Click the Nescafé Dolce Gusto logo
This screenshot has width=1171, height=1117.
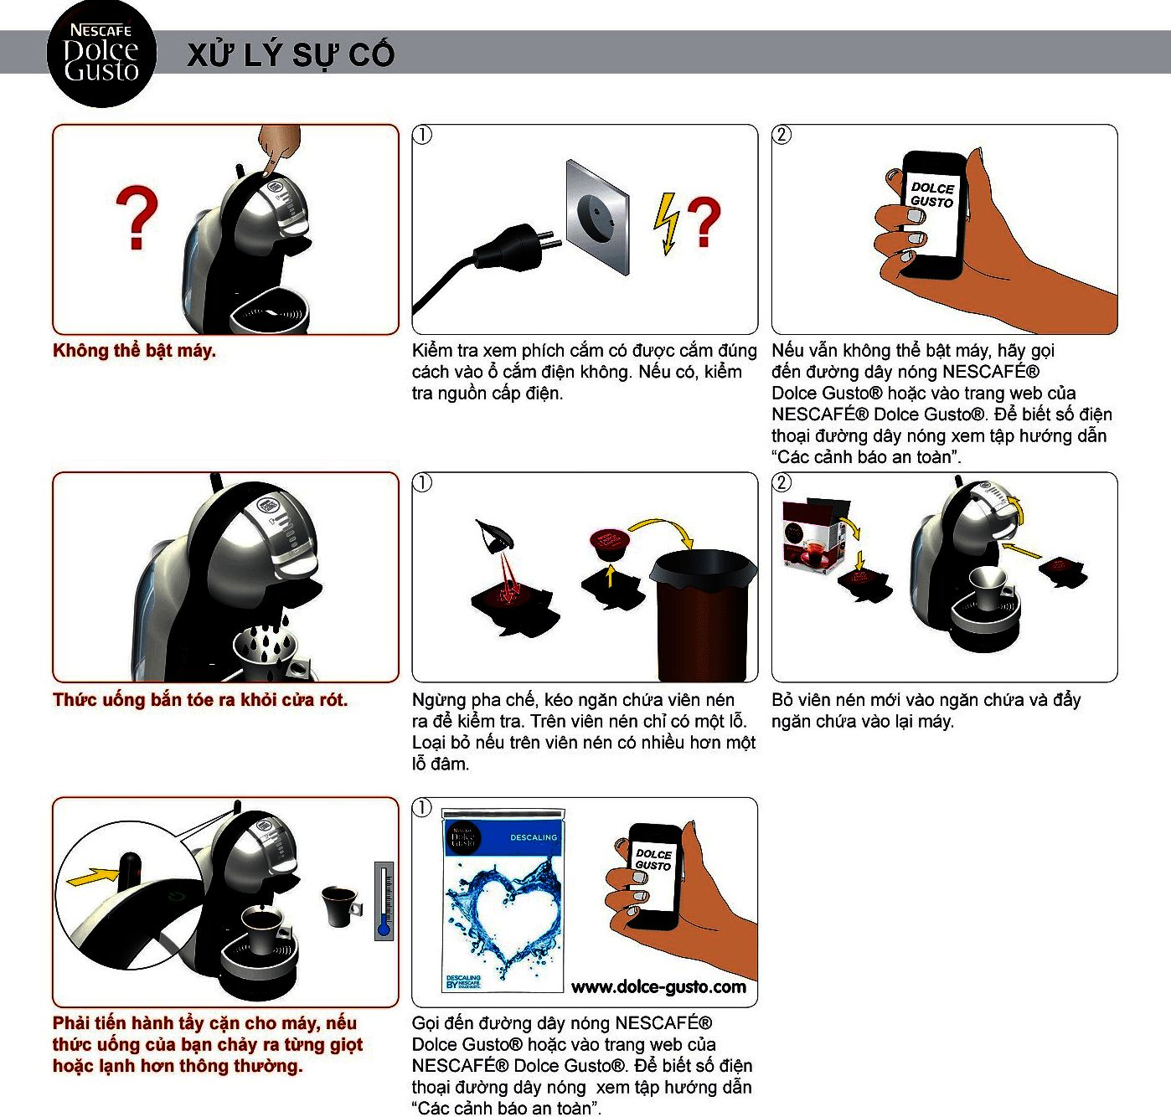(102, 54)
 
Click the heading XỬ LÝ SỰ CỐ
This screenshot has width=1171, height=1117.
(291, 54)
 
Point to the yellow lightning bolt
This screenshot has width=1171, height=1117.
(666, 223)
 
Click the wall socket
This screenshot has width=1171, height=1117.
(597, 217)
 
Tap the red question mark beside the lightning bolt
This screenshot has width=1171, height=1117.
(704, 221)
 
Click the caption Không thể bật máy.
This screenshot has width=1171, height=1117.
(134, 350)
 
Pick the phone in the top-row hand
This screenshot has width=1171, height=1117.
(933, 214)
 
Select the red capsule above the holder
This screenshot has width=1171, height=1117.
(609, 543)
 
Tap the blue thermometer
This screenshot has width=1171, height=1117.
(384, 900)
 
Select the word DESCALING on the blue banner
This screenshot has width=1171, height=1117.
(534, 837)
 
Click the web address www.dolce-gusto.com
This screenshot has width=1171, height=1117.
(658, 987)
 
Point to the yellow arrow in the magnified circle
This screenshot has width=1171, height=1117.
(94, 876)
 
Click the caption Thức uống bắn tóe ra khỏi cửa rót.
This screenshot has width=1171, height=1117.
(199, 700)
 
